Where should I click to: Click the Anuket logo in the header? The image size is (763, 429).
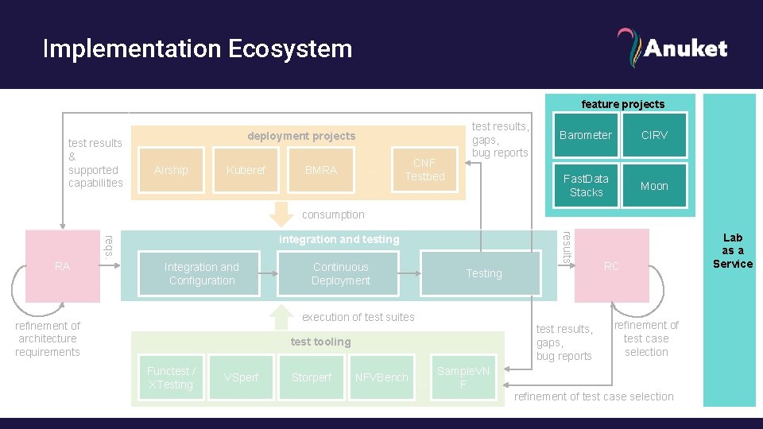(672, 48)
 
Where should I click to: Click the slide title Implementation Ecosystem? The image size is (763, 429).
(197, 48)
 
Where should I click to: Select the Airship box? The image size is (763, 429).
(171, 170)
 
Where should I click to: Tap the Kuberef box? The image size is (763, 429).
(246, 170)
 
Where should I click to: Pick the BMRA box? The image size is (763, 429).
(321, 170)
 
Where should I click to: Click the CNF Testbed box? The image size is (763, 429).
(424, 169)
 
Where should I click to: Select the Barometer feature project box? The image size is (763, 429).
(586, 135)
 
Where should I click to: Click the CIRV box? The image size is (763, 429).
(654, 135)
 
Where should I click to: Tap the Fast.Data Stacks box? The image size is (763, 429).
(586, 186)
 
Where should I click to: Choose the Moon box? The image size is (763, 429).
(654, 186)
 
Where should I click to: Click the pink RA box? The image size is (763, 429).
(63, 266)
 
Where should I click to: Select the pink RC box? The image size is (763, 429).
(611, 266)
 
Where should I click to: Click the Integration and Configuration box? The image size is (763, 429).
(202, 274)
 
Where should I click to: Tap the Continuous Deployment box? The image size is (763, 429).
(340, 274)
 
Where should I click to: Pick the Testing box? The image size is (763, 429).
(483, 273)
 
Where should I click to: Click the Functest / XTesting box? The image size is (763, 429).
(170, 377)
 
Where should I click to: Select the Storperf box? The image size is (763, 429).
(312, 377)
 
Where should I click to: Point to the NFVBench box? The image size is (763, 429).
(381, 377)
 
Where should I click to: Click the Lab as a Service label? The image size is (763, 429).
(732, 250)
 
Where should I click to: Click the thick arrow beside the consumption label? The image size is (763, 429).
(280, 214)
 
